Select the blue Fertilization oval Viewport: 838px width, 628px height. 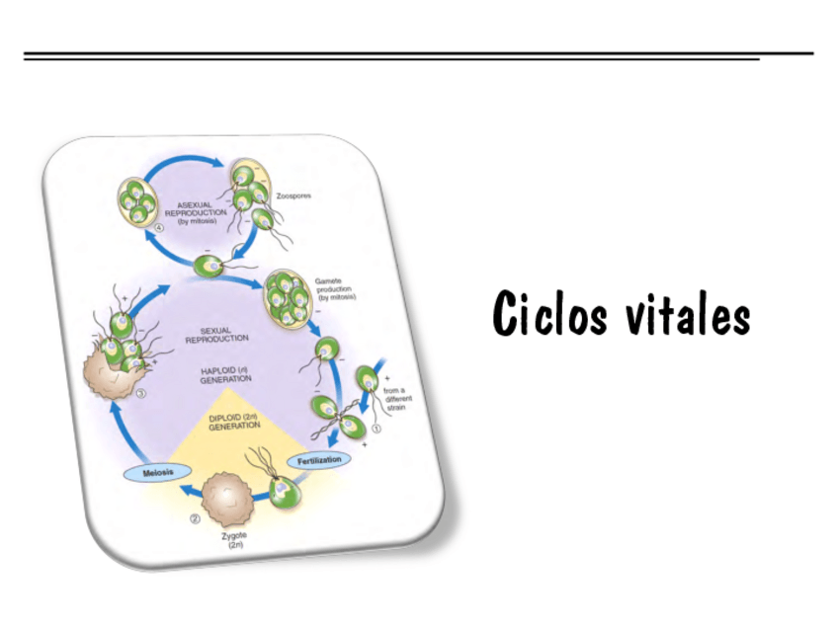click(x=319, y=460)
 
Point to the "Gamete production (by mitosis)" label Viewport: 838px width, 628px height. click(x=336, y=289)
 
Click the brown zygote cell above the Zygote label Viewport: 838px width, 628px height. click(x=228, y=492)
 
